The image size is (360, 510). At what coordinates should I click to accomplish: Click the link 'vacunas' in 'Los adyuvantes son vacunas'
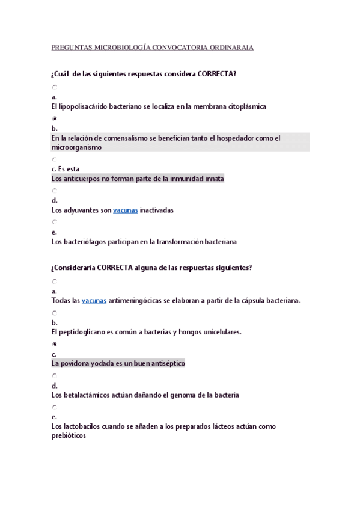tap(125, 210)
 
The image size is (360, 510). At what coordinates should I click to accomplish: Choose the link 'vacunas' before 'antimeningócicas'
tap(94, 301)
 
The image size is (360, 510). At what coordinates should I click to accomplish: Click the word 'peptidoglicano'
tap(82, 332)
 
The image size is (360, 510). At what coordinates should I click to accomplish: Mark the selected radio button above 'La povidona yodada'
tap(55, 344)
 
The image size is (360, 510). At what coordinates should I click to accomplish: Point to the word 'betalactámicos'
tap(85, 395)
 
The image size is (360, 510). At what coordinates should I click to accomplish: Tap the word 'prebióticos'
tap(69, 436)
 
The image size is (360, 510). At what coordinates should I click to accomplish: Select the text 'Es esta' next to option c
tap(69, 169)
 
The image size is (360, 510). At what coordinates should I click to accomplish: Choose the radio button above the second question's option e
tap(55, 407)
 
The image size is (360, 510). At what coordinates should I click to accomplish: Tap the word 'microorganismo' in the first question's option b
tap(76, 147)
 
